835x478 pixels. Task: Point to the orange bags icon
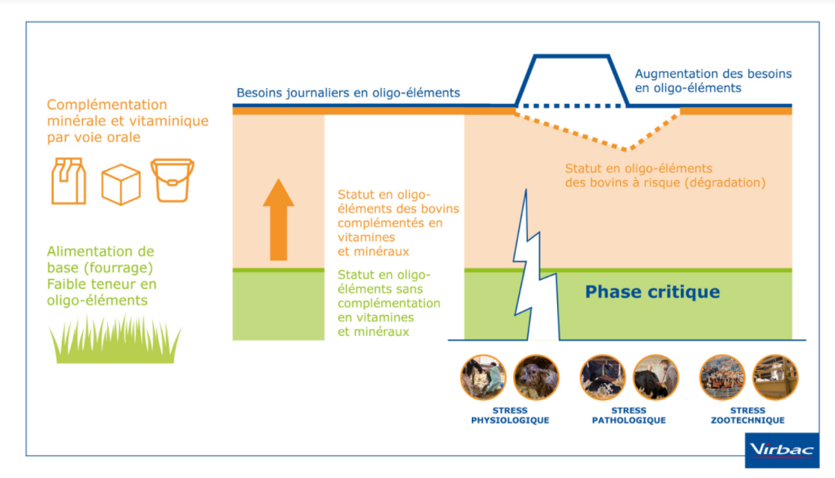click(68, 180)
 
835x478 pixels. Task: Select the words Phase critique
click(652, 292)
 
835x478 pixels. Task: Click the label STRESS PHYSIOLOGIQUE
click(510, 415)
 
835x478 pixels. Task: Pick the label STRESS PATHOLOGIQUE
click(629, 415)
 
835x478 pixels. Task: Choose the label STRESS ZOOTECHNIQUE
click(748, 415)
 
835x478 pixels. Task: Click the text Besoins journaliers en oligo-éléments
click(348, 94)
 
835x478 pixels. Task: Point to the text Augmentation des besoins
click(713, 74)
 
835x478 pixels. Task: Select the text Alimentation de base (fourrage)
click(100, 260)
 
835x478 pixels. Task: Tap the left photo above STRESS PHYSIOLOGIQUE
click(483, 377)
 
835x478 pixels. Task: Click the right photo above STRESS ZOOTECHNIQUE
click(775, 377)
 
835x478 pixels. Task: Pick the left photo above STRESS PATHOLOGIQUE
click(602, 377)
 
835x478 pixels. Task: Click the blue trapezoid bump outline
click(571, 58)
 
